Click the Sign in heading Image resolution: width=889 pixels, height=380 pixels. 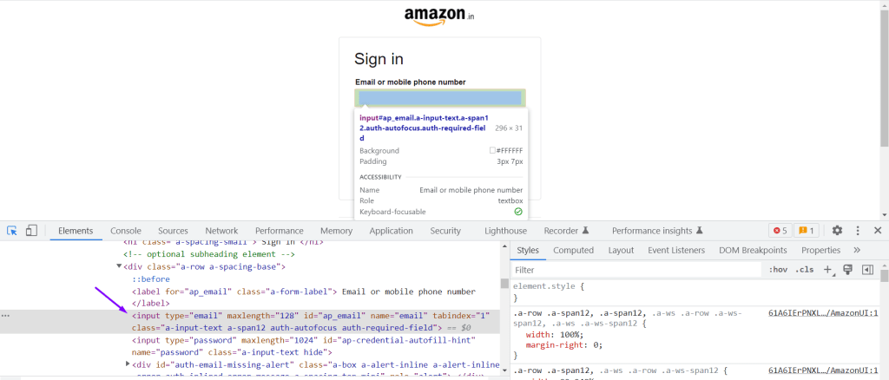click(379, 59)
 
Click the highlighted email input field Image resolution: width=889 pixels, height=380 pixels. click(439, 97)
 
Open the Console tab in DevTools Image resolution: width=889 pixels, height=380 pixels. click(126, 231)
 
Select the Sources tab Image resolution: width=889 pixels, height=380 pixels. click(173, 231)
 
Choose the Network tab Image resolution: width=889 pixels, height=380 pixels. click(221, 231)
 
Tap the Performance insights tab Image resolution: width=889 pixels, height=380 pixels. click(651, 231)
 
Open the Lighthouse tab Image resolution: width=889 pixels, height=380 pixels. click(505, 231)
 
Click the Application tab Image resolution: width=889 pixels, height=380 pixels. click(391, 231)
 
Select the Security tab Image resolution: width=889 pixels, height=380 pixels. click(445, 231)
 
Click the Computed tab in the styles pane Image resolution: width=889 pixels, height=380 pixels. click(573, 250)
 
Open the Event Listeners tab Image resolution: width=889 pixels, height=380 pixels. click(676, 250)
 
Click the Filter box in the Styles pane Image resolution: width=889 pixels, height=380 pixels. click(634, 270)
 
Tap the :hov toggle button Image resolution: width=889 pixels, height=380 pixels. click(777, 270)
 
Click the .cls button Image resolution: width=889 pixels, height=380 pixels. click(805, 270)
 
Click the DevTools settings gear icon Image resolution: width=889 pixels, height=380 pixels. click(837, 231)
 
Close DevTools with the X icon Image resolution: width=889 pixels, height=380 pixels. click(878, 231)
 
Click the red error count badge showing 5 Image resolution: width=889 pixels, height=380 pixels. click(779, 231)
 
